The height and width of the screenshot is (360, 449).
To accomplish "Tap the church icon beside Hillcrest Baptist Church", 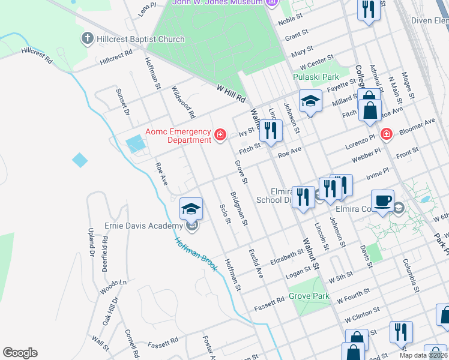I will click(x=87, y=39).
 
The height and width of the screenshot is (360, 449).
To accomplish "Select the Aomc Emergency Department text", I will click(x=178, y=136).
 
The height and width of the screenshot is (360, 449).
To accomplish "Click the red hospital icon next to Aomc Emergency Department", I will click(x=220, y=135).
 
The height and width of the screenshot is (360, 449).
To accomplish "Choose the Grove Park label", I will click(x=309, y=296).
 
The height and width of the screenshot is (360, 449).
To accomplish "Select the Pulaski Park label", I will click(x=316, y=77).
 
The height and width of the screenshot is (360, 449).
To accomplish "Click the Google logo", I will click(x=20, y=352).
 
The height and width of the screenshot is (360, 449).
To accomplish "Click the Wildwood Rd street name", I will click(x=184, y=102).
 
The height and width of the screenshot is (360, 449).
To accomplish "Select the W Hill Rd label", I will click(x=232, y=93).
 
